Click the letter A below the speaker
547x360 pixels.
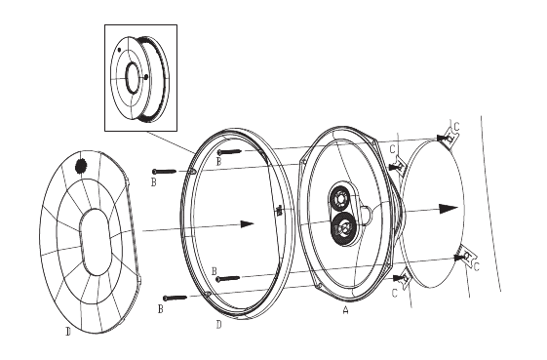pyautogui.click(x=345, y=309)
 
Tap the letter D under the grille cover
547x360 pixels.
pyautogui.click(x=68, y=332)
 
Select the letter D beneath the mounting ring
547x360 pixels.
pyautogui.click(x=218, y=325)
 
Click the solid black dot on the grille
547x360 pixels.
pyautogui.click(x=81, y=166)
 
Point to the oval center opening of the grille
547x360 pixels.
pyautogui.click(x=95, y=242)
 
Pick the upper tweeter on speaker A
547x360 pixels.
pyautogui.click(x=339, y=199)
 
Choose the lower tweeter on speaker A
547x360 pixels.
pyautogui.click(x=342, y=229)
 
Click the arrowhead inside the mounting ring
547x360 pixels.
pyautogui.click(x=247, y=223)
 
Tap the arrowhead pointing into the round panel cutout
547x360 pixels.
pyautogui.click(x=449, y=209)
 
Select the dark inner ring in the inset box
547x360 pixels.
pyautogui.click(x=133, y=78)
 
